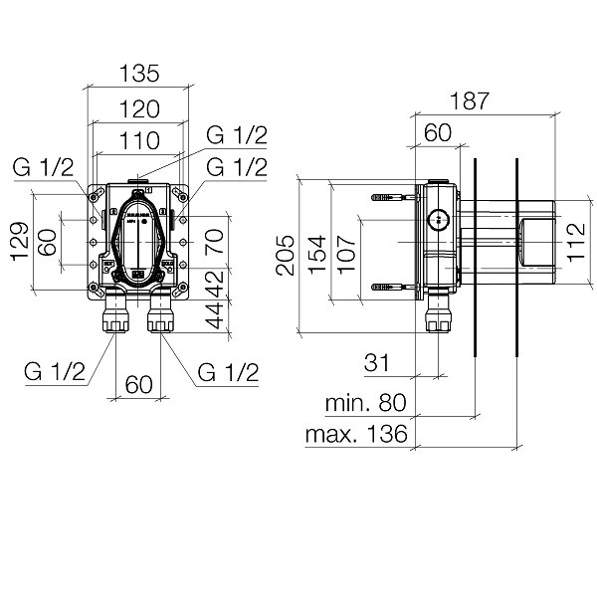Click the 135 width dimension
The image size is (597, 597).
pos(137,73)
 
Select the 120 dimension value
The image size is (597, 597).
pos(137,108)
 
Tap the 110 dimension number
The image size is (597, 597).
pos(137,143)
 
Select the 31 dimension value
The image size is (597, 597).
pos(376,364)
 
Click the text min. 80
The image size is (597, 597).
pos(366,403)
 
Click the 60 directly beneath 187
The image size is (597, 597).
pos(438,132)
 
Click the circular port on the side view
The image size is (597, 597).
pos(437,220)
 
